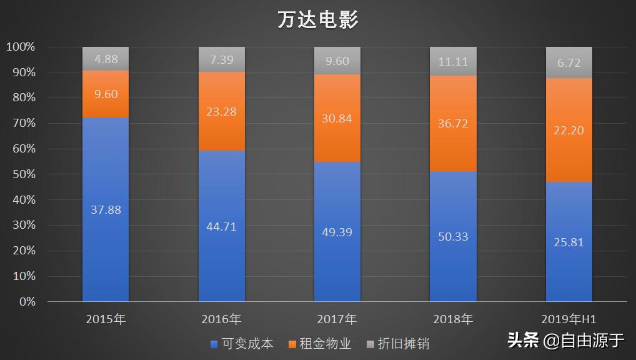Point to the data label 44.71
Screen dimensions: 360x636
coord(221,226)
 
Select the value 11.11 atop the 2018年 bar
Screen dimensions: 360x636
coord(453,61)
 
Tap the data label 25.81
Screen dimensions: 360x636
coord(569,242)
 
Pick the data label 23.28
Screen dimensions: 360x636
coord(221,112)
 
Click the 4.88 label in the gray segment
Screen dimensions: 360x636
coord(106,60)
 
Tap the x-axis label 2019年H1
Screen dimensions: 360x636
coord(569,319)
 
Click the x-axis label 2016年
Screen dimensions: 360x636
coord(221,319)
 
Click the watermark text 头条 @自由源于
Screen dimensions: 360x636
coord(565,341)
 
